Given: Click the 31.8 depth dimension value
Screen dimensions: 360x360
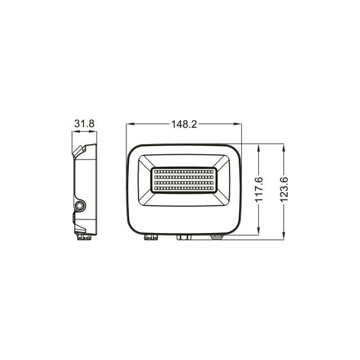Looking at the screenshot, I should pyautogui.click(x=85, y=125).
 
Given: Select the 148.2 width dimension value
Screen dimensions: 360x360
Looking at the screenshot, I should pyautogui.click(x=183, y=125).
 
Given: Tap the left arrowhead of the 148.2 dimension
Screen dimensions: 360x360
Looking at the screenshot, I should pyautogui.click(x=130, y=125).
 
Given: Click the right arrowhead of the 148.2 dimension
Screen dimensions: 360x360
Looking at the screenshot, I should pyautogui.click(x=238, y=125).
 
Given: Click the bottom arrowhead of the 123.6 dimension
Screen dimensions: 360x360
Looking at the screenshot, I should pyautogui.click(x=285, y=236).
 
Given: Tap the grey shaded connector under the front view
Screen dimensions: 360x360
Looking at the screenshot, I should pyautogui.click(x=218, y=237).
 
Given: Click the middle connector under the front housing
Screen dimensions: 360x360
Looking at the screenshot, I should pyautogui.click(x=183, y=237).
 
